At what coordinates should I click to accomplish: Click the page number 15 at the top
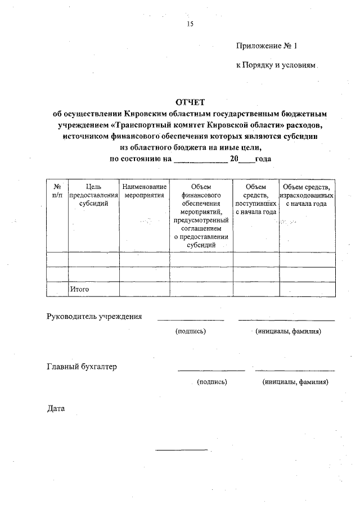point(189,24)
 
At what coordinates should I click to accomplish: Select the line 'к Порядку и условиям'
point(276,65)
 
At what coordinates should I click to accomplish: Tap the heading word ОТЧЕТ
point(191,102)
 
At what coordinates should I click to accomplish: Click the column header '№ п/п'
point(57,191)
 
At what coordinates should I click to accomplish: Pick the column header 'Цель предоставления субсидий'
point(93,195)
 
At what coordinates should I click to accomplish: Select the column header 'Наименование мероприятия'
point(144,191)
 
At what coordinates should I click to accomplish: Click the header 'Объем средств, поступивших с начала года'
point(255,199)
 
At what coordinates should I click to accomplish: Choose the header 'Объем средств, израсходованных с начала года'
point(307,195)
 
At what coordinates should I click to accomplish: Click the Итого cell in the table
point(79,289)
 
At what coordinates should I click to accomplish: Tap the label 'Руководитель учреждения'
point(94,316)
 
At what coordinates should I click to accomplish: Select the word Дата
point(56,408)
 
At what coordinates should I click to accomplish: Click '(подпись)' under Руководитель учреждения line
point(191,331)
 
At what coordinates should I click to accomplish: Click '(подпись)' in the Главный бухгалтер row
point(211,382)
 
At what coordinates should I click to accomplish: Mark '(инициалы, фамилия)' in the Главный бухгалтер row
point(295,382)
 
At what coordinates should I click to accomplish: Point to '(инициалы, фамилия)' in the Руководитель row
point(288,331)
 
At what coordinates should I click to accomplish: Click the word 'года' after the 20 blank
point(263,159)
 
